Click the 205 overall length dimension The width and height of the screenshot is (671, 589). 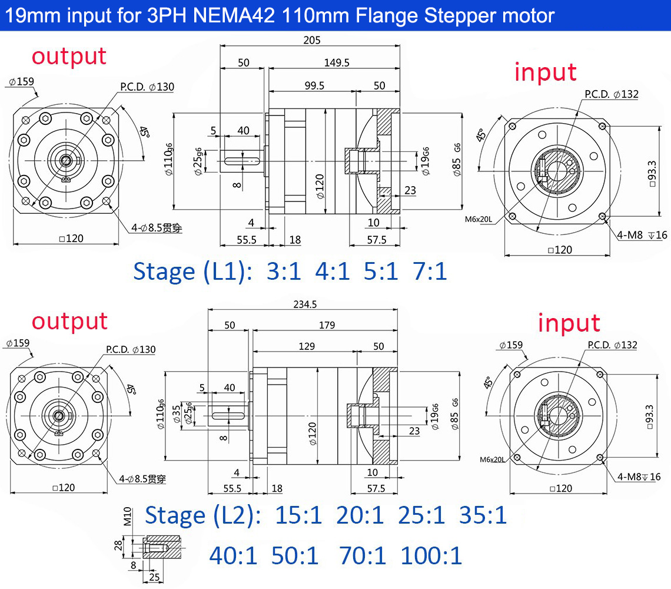pos(311,40)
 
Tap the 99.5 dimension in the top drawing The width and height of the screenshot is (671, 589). pos(314,85)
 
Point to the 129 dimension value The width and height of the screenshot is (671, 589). pos(306,346)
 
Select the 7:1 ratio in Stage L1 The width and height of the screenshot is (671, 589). pos(430,272)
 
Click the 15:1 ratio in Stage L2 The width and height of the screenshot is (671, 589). pos(299,515)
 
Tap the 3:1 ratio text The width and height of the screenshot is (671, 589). pos(283,272)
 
